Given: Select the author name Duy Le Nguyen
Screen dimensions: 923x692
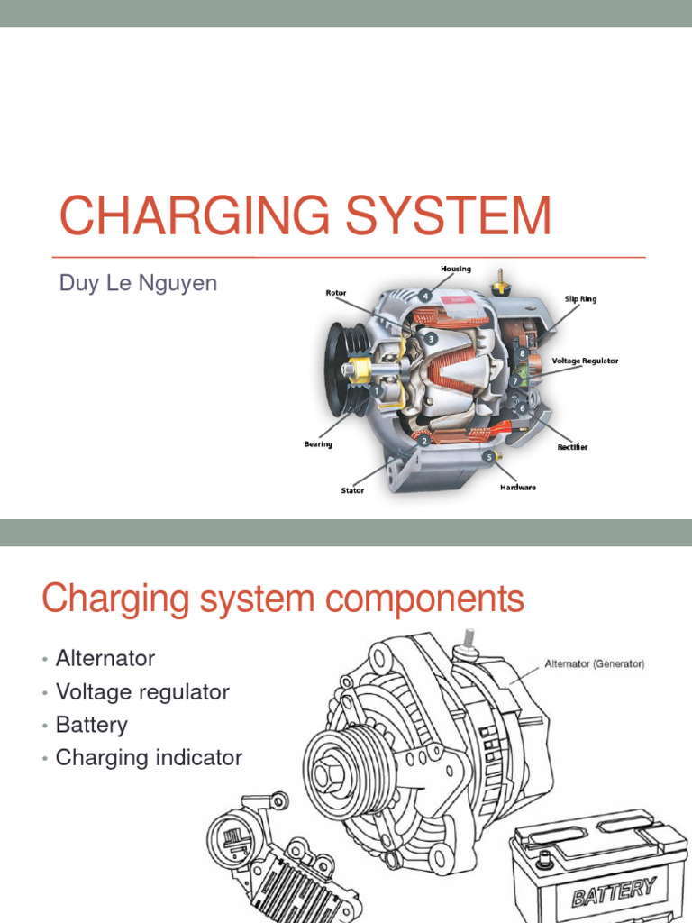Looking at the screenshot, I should (x=138, y=283).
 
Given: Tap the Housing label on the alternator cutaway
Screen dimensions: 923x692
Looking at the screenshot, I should (x=456, y=269).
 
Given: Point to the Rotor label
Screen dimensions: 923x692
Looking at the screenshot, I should (x=337, y=292).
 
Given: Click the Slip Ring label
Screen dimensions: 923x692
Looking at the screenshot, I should (x=580, y=298).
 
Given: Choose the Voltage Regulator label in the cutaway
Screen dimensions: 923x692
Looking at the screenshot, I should (x=585, y=361).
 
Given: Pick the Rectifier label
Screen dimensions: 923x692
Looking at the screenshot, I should (x=572, y=447).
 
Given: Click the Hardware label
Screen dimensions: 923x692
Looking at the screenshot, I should (x=518, y=488).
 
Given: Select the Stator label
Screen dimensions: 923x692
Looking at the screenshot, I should (x=352, y=490).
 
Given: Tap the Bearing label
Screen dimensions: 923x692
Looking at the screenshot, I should (x=318, y=444).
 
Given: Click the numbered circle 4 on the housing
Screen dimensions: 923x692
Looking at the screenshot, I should (x=423, y=294).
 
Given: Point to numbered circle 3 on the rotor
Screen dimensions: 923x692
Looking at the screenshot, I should (x=432, y=339).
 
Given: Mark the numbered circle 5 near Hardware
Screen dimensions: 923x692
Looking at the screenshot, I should (x=490, y=458).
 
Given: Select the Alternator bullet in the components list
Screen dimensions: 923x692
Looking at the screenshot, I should (x=105, y=659).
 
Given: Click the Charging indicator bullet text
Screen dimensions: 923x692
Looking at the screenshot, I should (x=149, y=758).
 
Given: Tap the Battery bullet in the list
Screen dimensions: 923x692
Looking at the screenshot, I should (x=92, y=725).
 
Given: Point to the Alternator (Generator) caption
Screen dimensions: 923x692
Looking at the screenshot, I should (x=595, y=664).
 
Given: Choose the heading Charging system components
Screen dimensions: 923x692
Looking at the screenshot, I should (x=283, y=599).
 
